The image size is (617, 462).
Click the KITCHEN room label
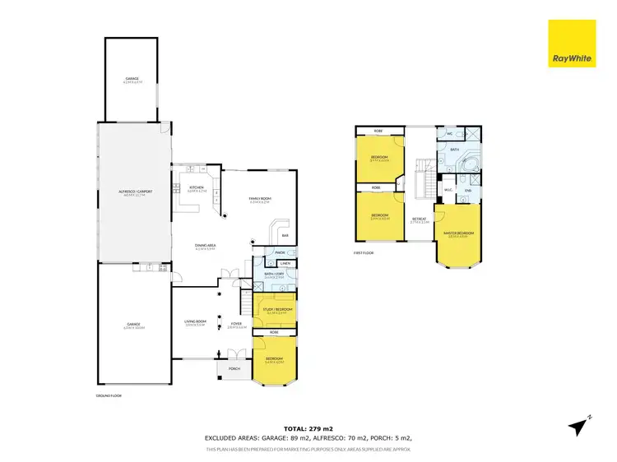(197, 188)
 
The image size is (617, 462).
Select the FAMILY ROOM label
(261, 198)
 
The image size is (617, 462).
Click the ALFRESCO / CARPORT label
(133, 194)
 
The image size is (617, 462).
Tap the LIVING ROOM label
(195, 323)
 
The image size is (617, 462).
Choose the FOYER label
(237, 324)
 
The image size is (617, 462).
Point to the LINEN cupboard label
(283, 263)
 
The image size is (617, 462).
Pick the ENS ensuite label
(467, 191)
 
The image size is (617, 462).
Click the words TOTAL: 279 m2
(308, 429)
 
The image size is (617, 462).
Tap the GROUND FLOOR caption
(109, 395)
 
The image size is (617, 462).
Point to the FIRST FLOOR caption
(364, 253)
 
